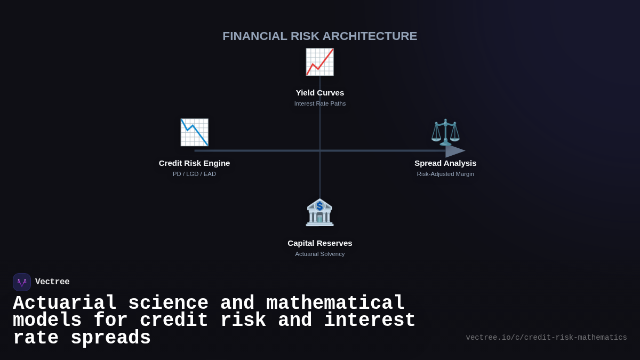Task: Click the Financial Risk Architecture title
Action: pos(320,36)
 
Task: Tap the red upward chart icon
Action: pos(319,62)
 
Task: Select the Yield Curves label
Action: pos(320,93)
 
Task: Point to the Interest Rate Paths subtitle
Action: pos(320,103)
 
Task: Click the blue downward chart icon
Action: pos(194,132)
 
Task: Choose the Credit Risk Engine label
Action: pos(194,163)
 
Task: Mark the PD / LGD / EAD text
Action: pos(194,174)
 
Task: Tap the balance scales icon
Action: pos(445,132)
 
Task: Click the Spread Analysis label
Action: pos(445,163)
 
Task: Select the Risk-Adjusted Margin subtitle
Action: pos(445,174)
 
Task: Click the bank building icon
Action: pos(319,212)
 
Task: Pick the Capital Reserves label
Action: pos(320,243)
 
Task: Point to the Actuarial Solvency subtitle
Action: pos(320,254)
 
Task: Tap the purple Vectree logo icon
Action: pos(22,282)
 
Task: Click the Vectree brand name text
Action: pos(52,282)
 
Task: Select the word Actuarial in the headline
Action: pos(65,303)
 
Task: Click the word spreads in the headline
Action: pos(110,338)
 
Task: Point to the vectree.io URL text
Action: pos(546,338)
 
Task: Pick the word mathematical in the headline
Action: pos(335,303)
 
